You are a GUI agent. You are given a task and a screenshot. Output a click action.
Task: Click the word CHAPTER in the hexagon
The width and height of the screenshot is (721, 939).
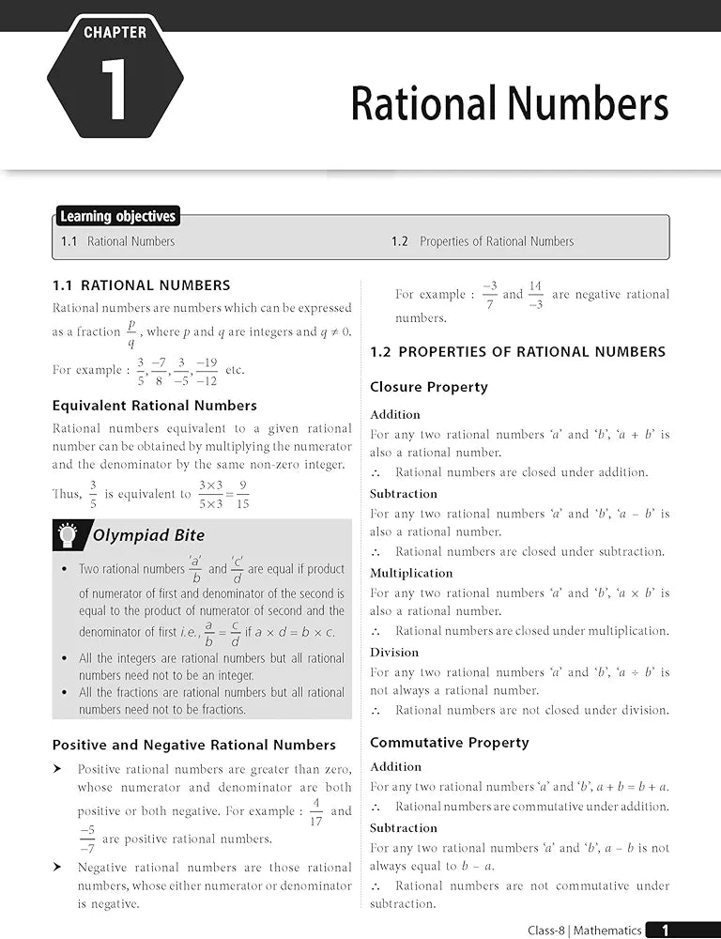(x=115, y=32)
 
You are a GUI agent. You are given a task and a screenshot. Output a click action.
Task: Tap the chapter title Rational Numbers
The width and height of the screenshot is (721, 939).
(x=509, y=103)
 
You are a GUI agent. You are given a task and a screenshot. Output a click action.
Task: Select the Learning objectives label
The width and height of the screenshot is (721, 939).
(x=117, y=217)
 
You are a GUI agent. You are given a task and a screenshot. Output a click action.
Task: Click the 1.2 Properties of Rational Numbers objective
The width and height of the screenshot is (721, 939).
(x=483, y=241)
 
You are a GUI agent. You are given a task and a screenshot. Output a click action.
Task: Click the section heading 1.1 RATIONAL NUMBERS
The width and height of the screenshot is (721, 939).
(x=141, y=285)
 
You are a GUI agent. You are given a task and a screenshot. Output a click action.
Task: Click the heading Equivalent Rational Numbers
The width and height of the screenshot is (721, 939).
(x=154, y=406)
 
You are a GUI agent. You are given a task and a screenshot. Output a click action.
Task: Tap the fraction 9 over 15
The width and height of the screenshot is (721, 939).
(x=242, y=495)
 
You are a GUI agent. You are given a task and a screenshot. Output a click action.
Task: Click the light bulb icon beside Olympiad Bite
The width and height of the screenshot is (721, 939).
(x=68, y=535)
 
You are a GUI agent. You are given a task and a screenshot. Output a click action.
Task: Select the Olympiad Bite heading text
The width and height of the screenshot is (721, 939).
(x=148, y=536)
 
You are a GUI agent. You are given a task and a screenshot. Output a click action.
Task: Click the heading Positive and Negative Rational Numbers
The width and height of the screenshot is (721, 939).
(x=193, y=745)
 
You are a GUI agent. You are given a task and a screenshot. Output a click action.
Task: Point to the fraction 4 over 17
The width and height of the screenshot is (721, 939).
(x=315, y=811)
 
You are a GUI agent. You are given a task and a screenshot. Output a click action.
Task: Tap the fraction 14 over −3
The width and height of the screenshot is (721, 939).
(x=535, y=295)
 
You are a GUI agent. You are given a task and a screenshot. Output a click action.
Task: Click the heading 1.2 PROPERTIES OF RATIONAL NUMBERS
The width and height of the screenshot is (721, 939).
(x=517, y=352)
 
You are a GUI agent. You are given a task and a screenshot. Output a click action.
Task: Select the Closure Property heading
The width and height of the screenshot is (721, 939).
(x=428, y=387)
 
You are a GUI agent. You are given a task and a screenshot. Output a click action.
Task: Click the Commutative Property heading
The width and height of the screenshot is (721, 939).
(x=449, y=743)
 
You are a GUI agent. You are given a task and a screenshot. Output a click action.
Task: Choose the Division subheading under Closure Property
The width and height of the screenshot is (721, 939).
(x=394, y=653)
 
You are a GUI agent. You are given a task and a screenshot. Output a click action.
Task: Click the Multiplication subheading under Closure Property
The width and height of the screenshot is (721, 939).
(x=410, y=573)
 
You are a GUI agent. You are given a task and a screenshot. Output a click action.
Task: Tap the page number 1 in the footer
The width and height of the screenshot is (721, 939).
(x=666, y=930)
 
